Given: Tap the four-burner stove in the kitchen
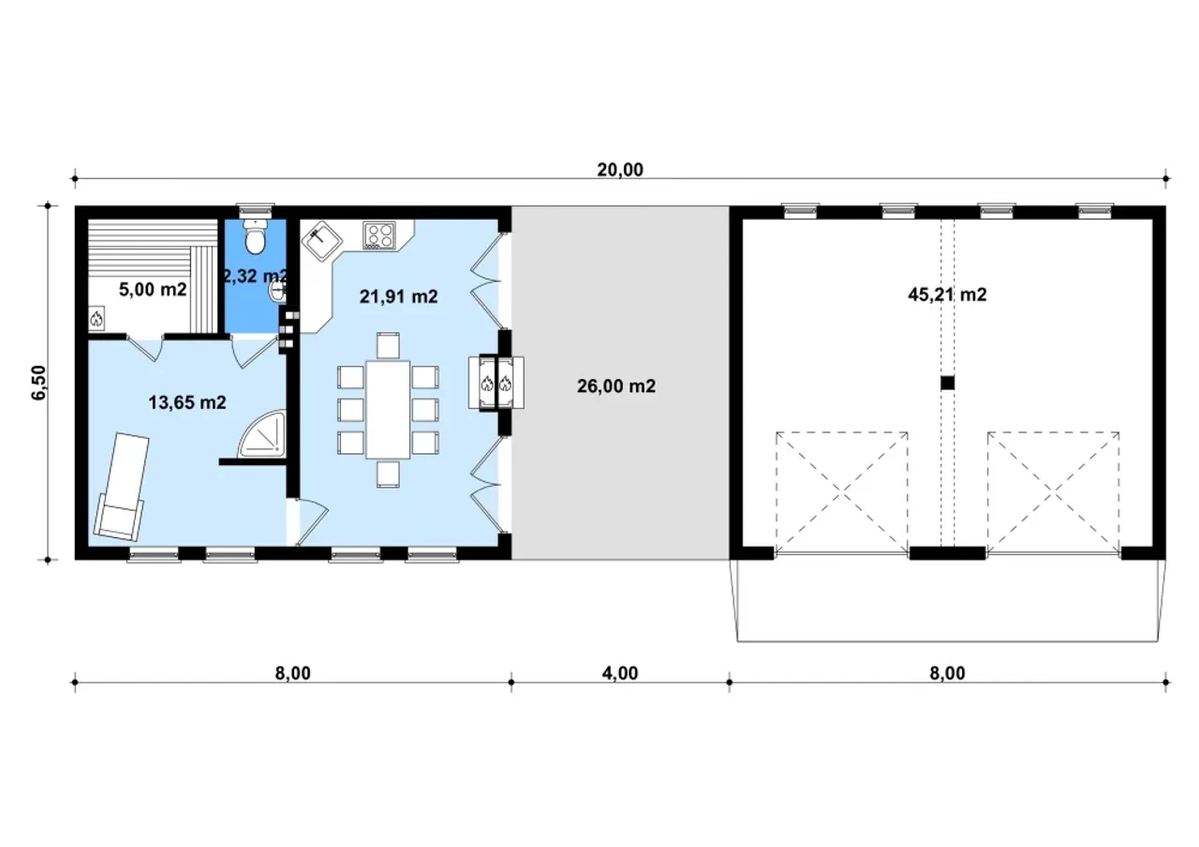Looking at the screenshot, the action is coord(379,235).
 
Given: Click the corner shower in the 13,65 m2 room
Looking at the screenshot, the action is coord(261,433).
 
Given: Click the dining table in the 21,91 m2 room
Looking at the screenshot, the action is coord(388,410).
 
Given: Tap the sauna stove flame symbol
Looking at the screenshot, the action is coord(96,319).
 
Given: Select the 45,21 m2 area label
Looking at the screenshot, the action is coord(947,295).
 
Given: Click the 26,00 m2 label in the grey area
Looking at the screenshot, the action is coord(616,387).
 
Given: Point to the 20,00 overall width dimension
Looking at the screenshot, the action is coord(620,170).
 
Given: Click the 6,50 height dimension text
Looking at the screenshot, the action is coord(39,383).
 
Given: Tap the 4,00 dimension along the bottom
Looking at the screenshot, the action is coord(620,673).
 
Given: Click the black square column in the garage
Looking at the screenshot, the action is coord(947,383).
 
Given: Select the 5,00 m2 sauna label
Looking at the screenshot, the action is coord(153,290).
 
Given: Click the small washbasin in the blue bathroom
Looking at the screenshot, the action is coord(278,291).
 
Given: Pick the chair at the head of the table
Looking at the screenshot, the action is coord(388,345).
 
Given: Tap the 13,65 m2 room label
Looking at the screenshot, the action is coord(186,402).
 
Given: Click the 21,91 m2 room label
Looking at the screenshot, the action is coord(399,297).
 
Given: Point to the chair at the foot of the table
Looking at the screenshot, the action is coord(388,475).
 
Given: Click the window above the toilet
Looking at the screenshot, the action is coord(256,211).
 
